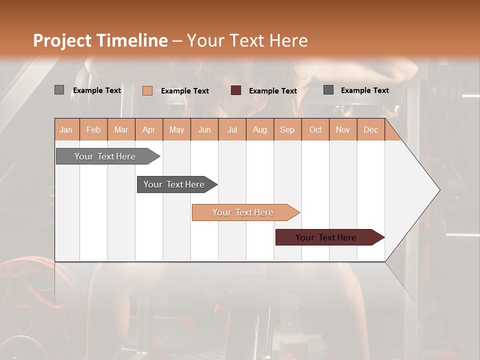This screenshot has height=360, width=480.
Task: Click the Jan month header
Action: [x=66, y=129]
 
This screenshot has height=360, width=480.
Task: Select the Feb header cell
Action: [x=93, y=129]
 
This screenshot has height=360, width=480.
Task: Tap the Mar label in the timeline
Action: [x=121, y=129]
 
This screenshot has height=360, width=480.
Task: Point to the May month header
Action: [x=176, y=129]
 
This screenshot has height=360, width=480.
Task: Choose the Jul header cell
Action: [x=232, y=129]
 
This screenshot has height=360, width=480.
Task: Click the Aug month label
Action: [x=259, y=129]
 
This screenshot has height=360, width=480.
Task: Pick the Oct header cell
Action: [x=315, y=129]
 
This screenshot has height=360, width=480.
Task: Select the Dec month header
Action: [x=370, y=129]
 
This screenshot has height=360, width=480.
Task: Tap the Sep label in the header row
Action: [x=287, y=129]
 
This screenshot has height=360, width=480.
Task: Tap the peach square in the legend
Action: [x=147, y=90]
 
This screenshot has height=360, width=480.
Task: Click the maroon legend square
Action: [x=236, y=90]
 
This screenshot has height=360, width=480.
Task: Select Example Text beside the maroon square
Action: [x=273, y=90]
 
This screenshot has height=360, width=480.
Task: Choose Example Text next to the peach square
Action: [x=185, y=90]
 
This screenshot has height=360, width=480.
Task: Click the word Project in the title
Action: [x=62, y=40]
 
